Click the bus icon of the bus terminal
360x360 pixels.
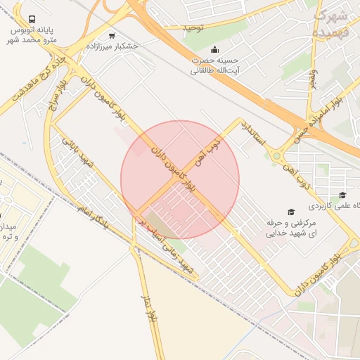[x=32, y=20]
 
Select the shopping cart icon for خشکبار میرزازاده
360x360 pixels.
[x=112, y=35]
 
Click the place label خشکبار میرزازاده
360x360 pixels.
[x=112, y=46]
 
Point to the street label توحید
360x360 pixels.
[x=193, y=27]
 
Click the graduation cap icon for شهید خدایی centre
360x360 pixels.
[x=290, y=212]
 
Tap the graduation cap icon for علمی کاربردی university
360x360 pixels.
[x=342, y=195]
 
